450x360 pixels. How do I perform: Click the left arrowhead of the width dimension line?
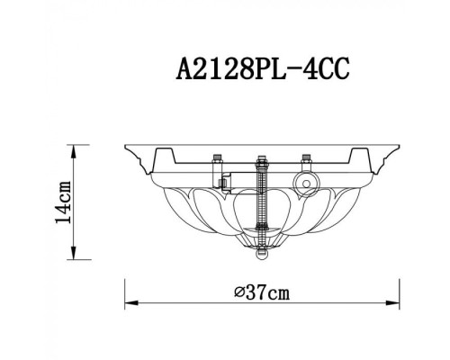(125, 301)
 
